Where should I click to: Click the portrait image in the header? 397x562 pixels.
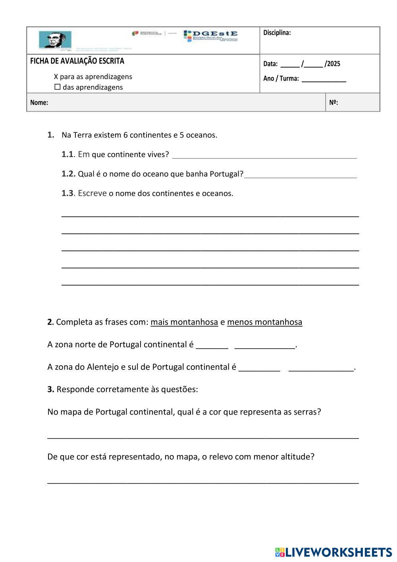click(x=55, y=40)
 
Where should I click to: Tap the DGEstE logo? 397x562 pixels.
click(x=211, y=35)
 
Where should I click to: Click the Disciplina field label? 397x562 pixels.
click(x=277, y=33)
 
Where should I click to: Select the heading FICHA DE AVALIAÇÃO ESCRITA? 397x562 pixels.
click(x=77, y=61)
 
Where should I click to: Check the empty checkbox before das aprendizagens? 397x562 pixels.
click(x=58, y=87)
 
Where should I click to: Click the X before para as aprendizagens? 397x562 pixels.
click(x=56, y=77)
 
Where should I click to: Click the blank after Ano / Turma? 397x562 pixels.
click(x=324, y=79)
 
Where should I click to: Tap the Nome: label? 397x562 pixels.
click(x=39, y=103)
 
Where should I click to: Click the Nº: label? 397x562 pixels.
click(x=333, y=103)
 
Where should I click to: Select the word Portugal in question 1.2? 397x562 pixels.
click(x=225, y=174)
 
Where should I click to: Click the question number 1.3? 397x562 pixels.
click(x=67, y=194)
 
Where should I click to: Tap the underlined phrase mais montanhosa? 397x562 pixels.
click(x=184, y=322)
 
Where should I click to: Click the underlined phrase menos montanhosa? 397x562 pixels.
click(x=264, y=322)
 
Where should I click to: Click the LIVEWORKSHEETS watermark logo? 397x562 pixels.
click(x=333, y=552)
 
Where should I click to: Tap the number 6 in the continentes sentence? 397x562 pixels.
click(x=125, y=135)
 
